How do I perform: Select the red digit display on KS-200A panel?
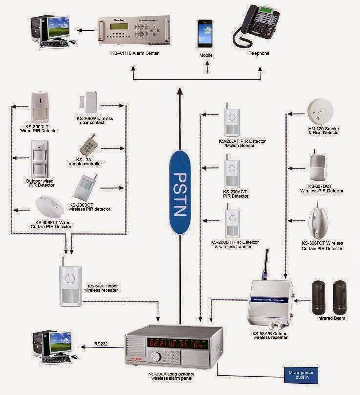[x=178, y=344]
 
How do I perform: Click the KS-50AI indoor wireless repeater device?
[x=70, y=285]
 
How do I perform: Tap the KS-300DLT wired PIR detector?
[x=41, y=107]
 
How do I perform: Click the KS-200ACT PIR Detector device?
[x=232, y=171]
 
